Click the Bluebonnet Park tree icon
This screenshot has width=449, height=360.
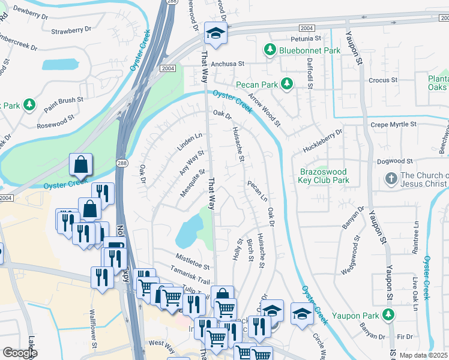click(271, 50)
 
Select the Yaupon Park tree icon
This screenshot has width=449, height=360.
click(389, 314)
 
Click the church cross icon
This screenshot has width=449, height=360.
click(391, 179)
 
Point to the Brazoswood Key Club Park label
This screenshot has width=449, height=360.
click(324, 175)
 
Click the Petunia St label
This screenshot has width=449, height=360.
click(307, 38)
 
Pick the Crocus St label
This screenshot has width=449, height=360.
click(383, 80)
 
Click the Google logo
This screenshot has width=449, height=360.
click(20, 353)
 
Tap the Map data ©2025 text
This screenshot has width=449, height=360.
click(421, 355)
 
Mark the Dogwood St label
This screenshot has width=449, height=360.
click(395, 161)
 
